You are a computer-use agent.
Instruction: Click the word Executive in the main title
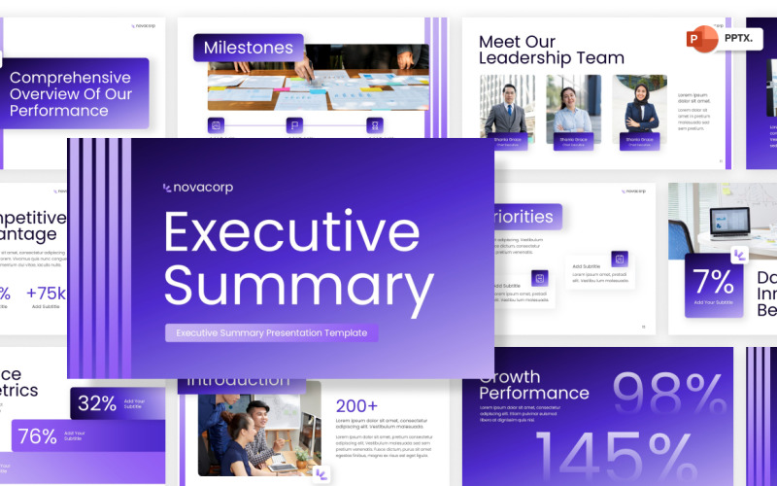tap(291, 232)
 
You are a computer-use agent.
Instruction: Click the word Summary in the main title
tap(298, 286)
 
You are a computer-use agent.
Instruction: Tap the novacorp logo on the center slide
tap(198, 188)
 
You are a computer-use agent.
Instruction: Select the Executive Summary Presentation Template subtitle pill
tap(271, 332)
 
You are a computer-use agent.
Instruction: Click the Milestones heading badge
tap(248, 48)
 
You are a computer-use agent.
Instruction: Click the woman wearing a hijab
tap(640, 108)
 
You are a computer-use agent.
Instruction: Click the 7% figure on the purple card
tap(713, 282)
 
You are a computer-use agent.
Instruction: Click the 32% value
tap(97, 403)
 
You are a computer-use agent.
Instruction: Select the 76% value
tap(38, 436)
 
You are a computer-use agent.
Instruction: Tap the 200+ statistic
tap(356, 406)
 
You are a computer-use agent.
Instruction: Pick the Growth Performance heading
tap(533, 385)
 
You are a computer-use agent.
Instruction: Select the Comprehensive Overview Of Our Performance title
tap(71, 94)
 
